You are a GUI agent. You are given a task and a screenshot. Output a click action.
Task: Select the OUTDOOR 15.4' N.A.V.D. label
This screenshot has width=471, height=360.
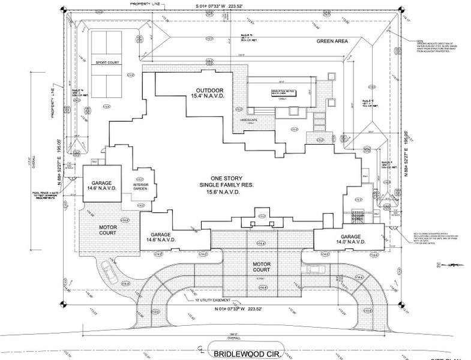(x=205, y=92)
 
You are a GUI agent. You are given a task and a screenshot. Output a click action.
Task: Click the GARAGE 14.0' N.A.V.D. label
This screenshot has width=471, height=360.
(x=351, y=240)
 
